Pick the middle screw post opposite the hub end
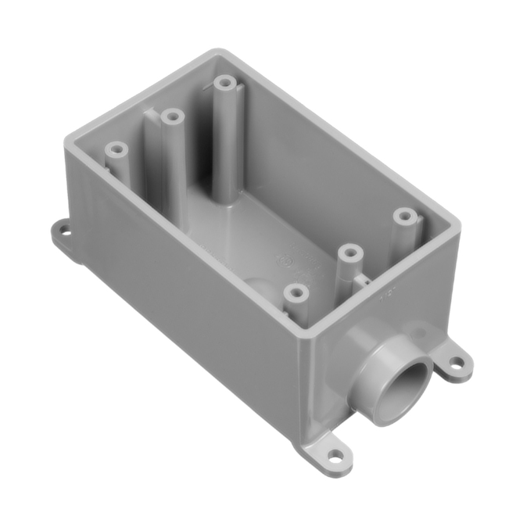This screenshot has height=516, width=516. (x=171, y=116)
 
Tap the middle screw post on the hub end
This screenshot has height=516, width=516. (x=349, y=253)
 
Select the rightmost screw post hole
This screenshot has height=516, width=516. (x=403, y=214)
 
